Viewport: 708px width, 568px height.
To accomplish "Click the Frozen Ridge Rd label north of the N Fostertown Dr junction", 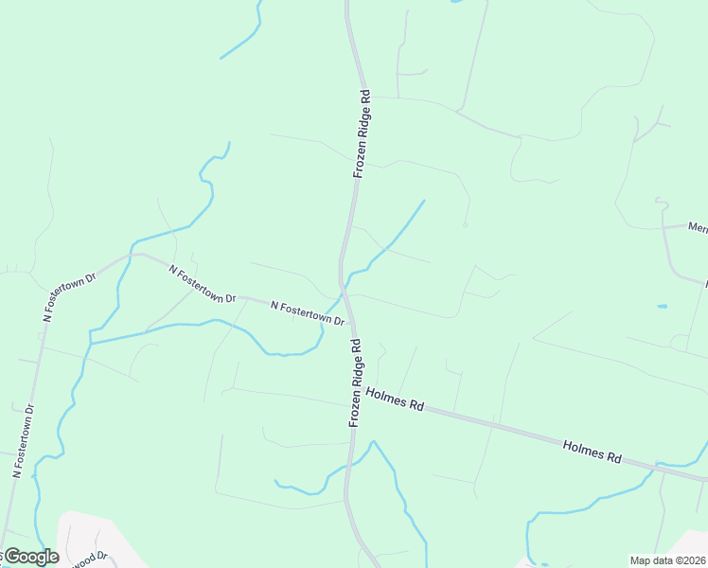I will coord(361,134).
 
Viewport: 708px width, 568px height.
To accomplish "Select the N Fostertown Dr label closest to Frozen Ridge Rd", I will coord(307,312).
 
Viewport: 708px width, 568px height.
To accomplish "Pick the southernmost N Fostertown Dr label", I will coord(24,440).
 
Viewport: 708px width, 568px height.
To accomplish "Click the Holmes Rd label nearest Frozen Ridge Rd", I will coord(393,398).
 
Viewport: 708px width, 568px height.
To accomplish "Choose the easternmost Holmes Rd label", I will coord(592,450).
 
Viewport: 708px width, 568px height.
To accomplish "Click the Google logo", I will coord(30,557).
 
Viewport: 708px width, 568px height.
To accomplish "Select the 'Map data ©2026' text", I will coord(667,559).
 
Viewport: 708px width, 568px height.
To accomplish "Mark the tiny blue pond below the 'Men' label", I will coord(661,307).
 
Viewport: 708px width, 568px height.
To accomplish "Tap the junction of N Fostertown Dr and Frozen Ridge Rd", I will coord(345,293).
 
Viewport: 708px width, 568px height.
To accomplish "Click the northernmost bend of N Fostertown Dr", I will coord(138,254).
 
